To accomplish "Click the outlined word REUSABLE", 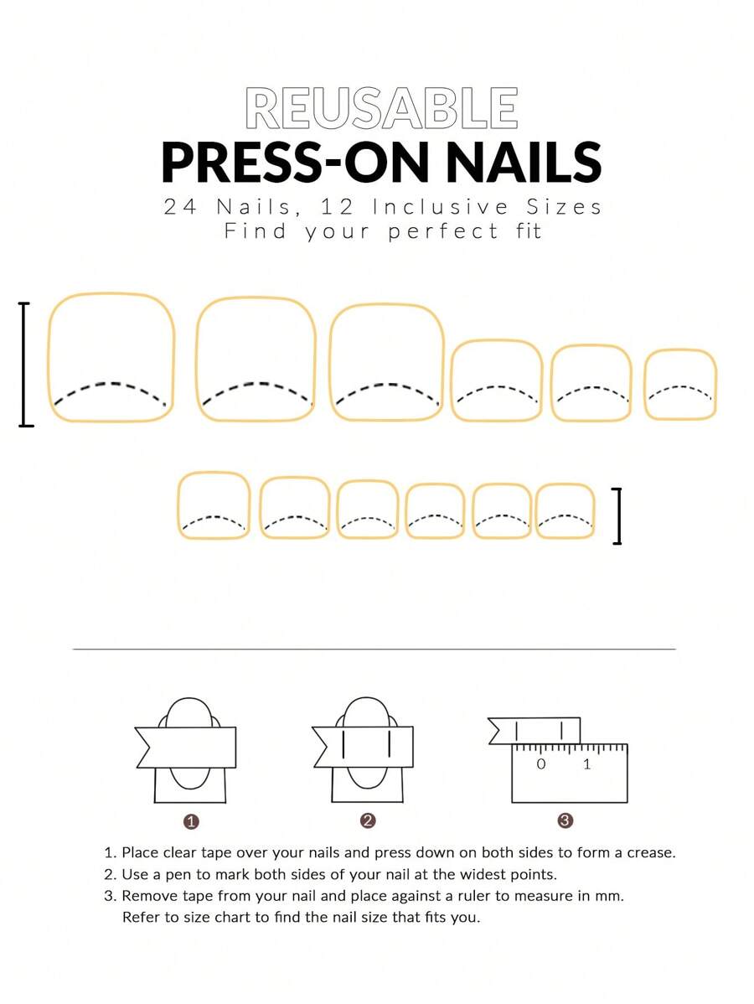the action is [x=381, y=108].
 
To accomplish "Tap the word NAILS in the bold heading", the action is [x=523, y=163].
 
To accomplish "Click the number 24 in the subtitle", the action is [x=180, y=207].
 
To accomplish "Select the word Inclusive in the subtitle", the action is [x=441, y=207].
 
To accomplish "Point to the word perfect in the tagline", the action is [x=442, y=232].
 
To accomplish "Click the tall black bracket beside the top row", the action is [x=24, y=364].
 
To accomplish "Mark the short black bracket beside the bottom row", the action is [x=618, y=516].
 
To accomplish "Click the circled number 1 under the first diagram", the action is [x=191, y=821].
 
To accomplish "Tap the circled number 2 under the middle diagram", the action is [x=368, y=820].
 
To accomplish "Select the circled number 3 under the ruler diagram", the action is [x=565, y=820].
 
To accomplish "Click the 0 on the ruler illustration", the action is [x=541, y=763].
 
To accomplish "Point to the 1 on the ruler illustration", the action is [x=587, y=763].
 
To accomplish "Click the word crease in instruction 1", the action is [x=651, y=853].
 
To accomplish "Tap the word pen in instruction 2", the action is [x=178, y=875].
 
